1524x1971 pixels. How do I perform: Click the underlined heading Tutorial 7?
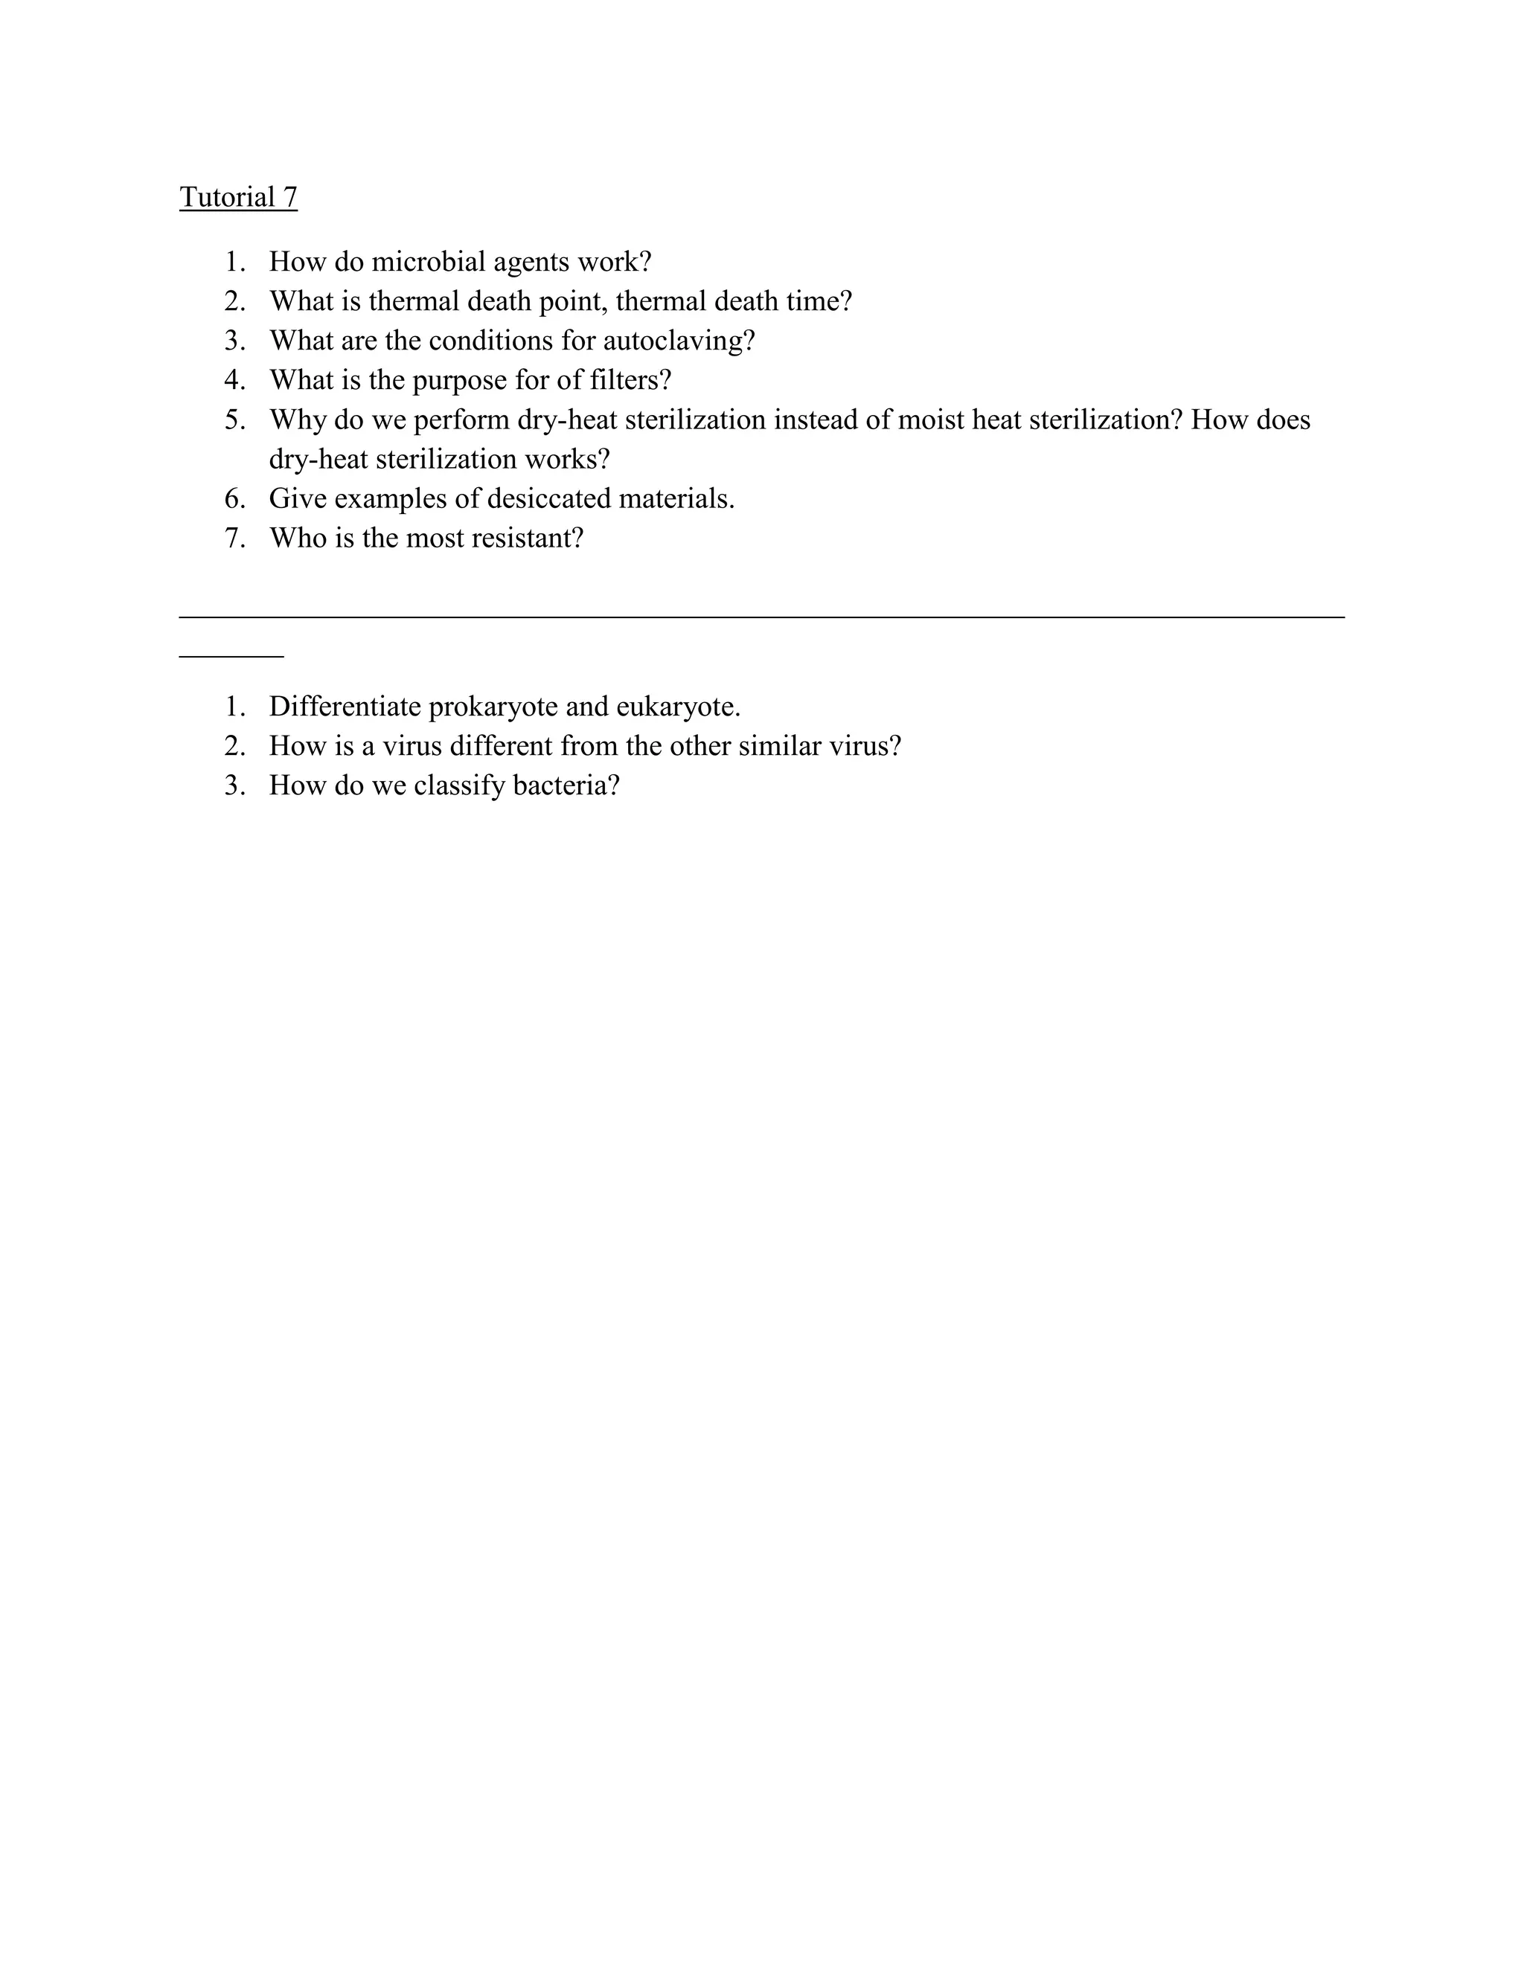pos(238,197)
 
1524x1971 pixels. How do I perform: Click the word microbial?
pos(428,262)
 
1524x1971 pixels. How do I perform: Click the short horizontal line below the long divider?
pos(231,657)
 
